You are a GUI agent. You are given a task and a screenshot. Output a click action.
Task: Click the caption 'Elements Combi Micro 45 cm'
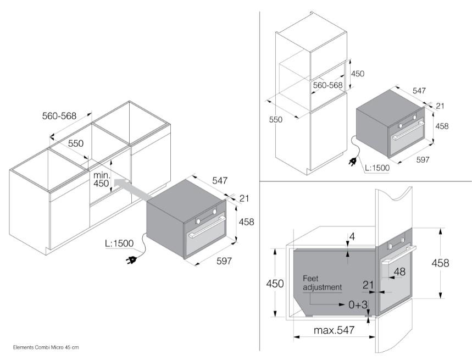pyautogui.click(x=47, y=347)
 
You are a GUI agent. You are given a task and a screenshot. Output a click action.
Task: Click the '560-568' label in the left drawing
pyautogui.click(x=59, y=116)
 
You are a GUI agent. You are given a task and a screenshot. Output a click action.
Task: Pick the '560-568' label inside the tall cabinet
pyautogui.click(x=327, y=85)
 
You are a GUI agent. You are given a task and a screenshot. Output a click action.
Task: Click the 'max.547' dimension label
pyautogui.click(x=334, y=330)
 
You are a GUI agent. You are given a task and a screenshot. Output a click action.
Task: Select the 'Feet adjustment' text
pyautogui.click(x=322, y=283)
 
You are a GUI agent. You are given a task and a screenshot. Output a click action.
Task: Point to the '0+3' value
pyautogui.click(x=358, y=304)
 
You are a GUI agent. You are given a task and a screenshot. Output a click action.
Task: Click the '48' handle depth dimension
pyautogui.click(x=399, y=272)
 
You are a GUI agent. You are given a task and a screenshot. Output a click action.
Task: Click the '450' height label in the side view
pyautogui.click(x=275, y=284)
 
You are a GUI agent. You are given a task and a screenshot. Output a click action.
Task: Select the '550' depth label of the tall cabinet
pyautogui.click(x=276, y=119)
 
